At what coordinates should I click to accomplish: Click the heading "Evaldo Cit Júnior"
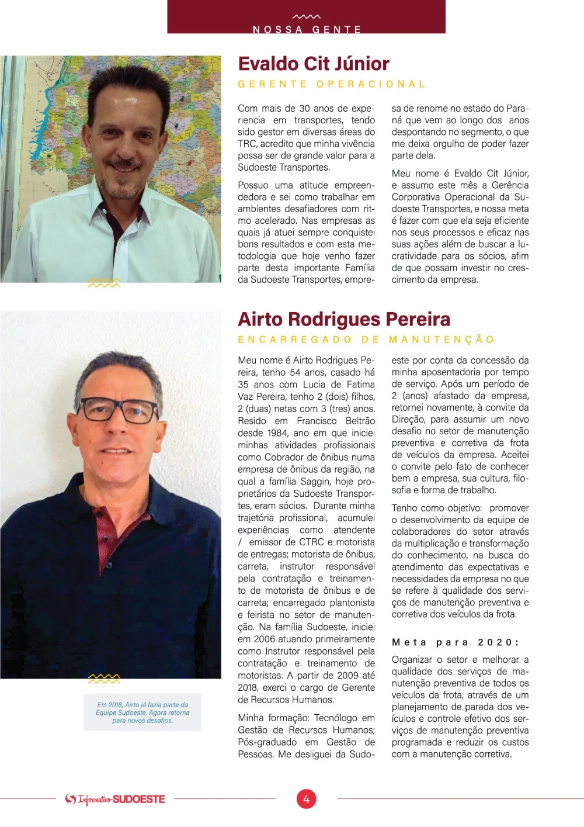coord(314,64)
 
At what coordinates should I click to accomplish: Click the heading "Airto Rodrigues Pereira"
coord(344,319)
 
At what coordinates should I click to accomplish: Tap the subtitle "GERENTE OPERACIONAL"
coord(332,84)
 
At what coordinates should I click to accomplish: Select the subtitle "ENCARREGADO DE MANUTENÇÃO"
coord(366,340)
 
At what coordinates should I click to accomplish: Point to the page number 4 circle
coord(306,798)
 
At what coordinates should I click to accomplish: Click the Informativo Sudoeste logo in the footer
coord(115,799)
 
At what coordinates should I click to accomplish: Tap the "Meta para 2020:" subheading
coord(455,642)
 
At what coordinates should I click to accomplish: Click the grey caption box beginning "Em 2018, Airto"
coord(142,712)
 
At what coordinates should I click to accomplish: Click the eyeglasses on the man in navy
coord(117,409)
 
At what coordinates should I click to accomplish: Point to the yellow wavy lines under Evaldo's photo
coord(104,283)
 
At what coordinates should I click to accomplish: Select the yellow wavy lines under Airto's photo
coord(104,679)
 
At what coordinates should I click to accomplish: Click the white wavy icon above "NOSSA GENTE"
coord(306,17)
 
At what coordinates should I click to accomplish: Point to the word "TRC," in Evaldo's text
coord(248,144)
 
